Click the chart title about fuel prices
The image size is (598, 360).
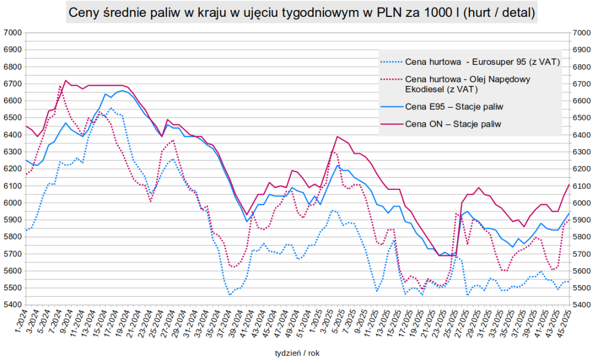click(301, 12)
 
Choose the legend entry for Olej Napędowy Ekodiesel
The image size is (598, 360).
click(467, 84)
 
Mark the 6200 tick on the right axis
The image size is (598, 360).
click(582, 169)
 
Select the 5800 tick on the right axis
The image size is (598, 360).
click(582, 237)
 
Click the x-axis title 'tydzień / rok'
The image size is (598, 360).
click(298, 352)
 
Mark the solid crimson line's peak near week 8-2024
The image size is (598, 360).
click(65, 80)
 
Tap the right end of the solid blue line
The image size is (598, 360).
click(569, 213)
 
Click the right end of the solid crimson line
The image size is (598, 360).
click(569, 184)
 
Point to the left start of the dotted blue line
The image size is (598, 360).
click(26, 230)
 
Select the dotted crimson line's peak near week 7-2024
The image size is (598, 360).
click(60, 86)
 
